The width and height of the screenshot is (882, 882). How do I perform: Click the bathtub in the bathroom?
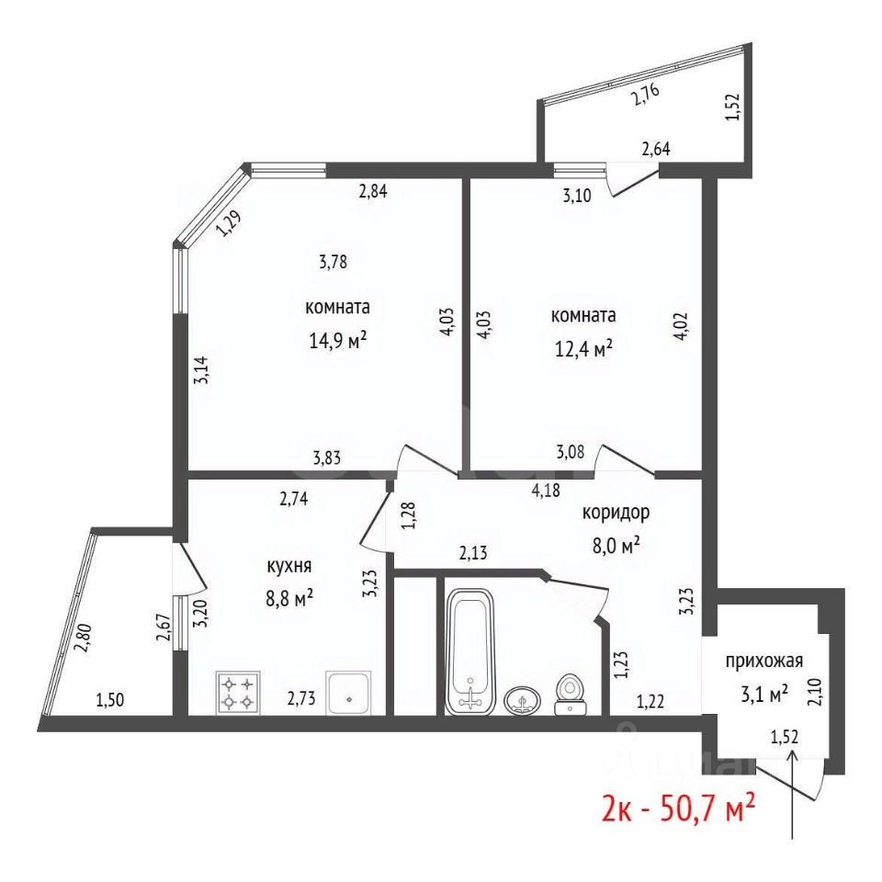click(x=469, y=651)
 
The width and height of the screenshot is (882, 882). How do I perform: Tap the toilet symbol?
click(x=571, y=695)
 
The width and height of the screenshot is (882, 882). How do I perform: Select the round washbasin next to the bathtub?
click(x=523, y=700)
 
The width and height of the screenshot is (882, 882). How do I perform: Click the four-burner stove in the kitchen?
click(x=238, y=693)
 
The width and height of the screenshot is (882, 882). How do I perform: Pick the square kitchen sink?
click(x=349, y=693)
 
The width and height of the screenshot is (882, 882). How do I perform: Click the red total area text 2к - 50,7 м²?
click(x=678, y=808)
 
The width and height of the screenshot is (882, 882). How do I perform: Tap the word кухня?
click(x=289, y=567)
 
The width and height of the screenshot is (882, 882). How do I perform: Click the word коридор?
click(x=616, y=513)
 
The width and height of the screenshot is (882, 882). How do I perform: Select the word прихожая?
click(x=763, y=661)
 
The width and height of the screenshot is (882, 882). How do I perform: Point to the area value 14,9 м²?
click(x=338, y=340)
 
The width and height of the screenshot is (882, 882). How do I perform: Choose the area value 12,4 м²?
click(x=583, y=348)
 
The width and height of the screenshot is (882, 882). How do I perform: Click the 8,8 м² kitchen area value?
click(x=289, y=598)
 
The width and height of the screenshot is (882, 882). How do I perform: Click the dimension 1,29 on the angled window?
click(x=229, y=223)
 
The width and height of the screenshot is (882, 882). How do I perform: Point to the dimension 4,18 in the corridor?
click(x=546, y=490)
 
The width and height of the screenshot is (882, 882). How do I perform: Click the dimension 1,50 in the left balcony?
click(x=110, y=700)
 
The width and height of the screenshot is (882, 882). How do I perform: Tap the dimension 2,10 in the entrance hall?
click(x=816, y=693)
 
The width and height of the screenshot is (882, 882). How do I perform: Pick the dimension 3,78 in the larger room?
click(x=333, y=262)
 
